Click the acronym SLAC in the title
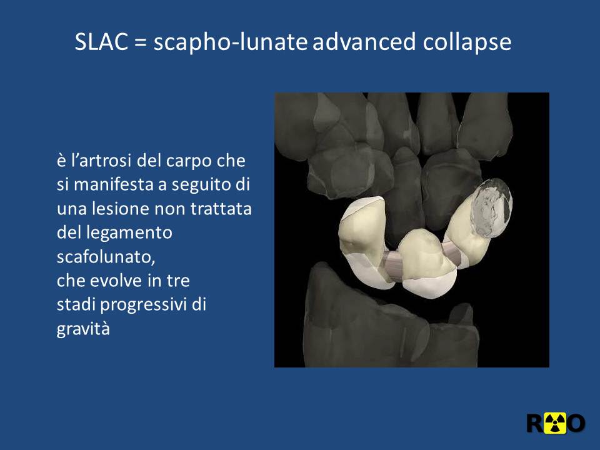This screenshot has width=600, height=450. pos(101,41)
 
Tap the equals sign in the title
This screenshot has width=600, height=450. pos(141,42)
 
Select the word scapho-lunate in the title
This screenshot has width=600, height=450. pos(231,42)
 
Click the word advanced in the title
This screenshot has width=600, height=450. pos(364,41)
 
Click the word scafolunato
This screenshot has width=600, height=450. pos(106,257)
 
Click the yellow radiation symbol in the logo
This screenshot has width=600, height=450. pos(555,423)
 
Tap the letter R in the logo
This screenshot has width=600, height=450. pos(536,423)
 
